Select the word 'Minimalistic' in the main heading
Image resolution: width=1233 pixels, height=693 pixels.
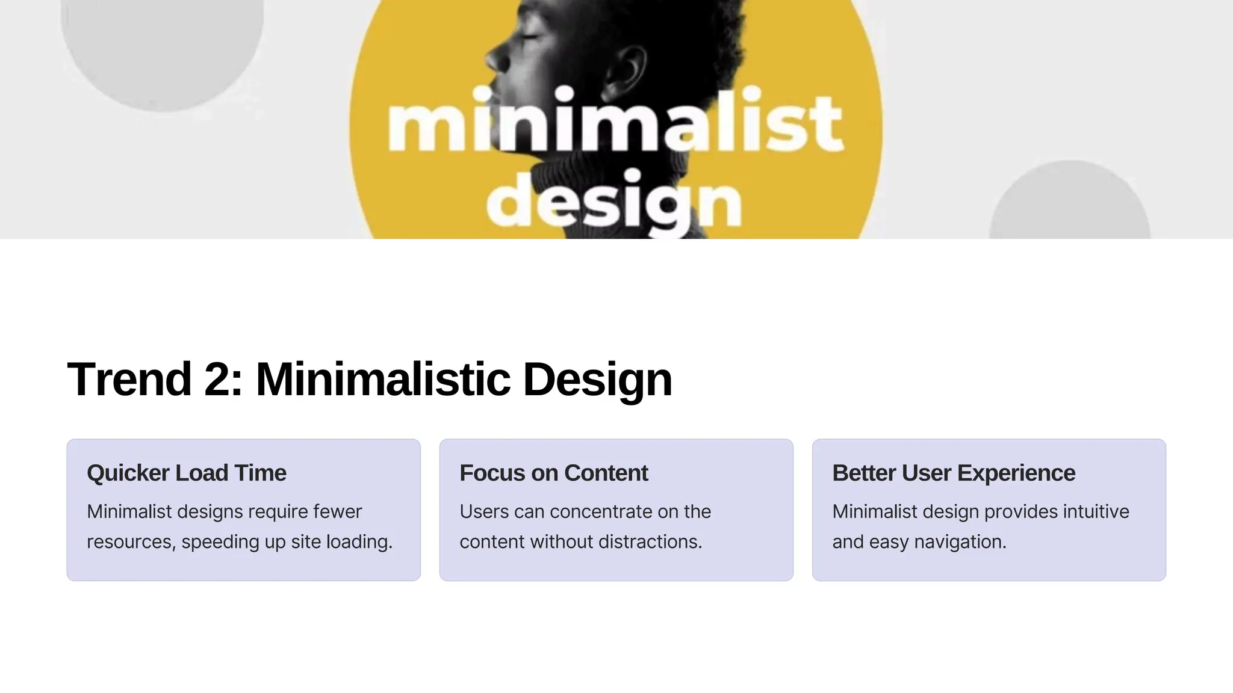pyautogui.click(x=383, y=380)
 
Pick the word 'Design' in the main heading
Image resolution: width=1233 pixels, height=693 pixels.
pyautogui.click(x=597, y=380)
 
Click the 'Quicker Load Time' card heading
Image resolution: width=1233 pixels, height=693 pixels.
pyautogui.click(x=187, y=473)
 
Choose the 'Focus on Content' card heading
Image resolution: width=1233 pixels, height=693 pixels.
pyautogui.click(x=554, y=473)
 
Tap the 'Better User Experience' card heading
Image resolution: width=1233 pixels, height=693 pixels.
pyautogui.click(x=954, y=473)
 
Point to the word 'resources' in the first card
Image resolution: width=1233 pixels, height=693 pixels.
pyautogui.click(x=130, y=542)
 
